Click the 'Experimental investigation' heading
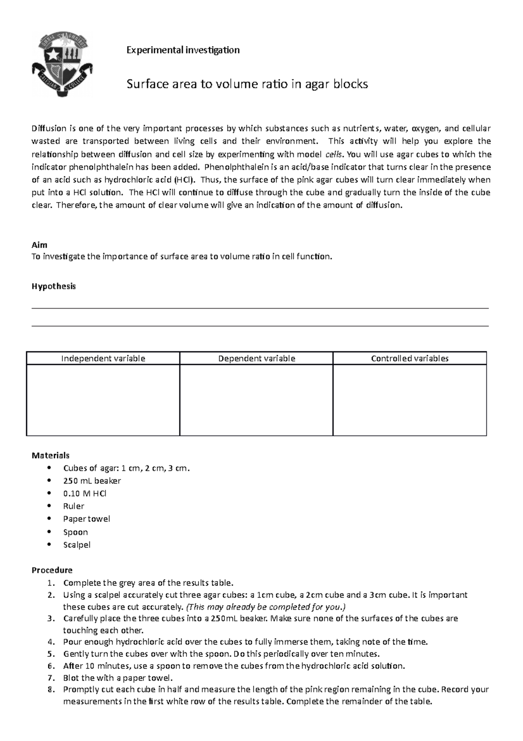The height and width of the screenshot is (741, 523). [x=183, y=50]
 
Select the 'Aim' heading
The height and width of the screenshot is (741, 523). [x=39, y=245]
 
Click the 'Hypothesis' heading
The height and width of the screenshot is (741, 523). [x=54, y=286]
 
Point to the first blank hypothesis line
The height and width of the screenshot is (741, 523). [x=260, y=308]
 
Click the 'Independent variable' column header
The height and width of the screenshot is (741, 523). [x=103, y=359]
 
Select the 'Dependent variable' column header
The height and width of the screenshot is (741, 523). [x=256, y=359]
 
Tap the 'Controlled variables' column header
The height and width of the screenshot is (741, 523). [x=409, y=359]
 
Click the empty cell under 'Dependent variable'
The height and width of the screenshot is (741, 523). [x=256, y=400]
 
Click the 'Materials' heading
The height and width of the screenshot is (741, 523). [x=51, y=456]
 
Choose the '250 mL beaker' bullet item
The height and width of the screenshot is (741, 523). [x=92, y=481]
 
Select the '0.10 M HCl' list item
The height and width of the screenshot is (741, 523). [x=85, y=494]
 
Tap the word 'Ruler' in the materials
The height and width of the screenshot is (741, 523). [x=74, y=506]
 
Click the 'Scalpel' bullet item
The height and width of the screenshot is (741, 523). [x=77, y=545]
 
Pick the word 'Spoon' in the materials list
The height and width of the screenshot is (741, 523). [x=75, y=532]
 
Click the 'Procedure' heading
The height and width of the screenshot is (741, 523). [x=52, y=570]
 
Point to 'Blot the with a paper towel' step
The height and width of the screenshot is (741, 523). [x=118, y=678]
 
